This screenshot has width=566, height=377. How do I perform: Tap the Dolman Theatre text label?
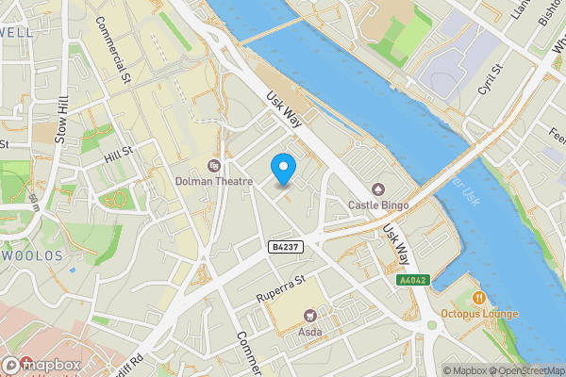tap(213, 181)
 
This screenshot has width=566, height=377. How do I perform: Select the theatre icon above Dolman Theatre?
tap(213, 166)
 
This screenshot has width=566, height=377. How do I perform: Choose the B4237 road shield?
tap(285, 246)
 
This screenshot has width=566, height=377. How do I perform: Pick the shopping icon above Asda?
tap(309, 316)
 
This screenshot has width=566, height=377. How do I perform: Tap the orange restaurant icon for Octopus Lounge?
tap(480, 298)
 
